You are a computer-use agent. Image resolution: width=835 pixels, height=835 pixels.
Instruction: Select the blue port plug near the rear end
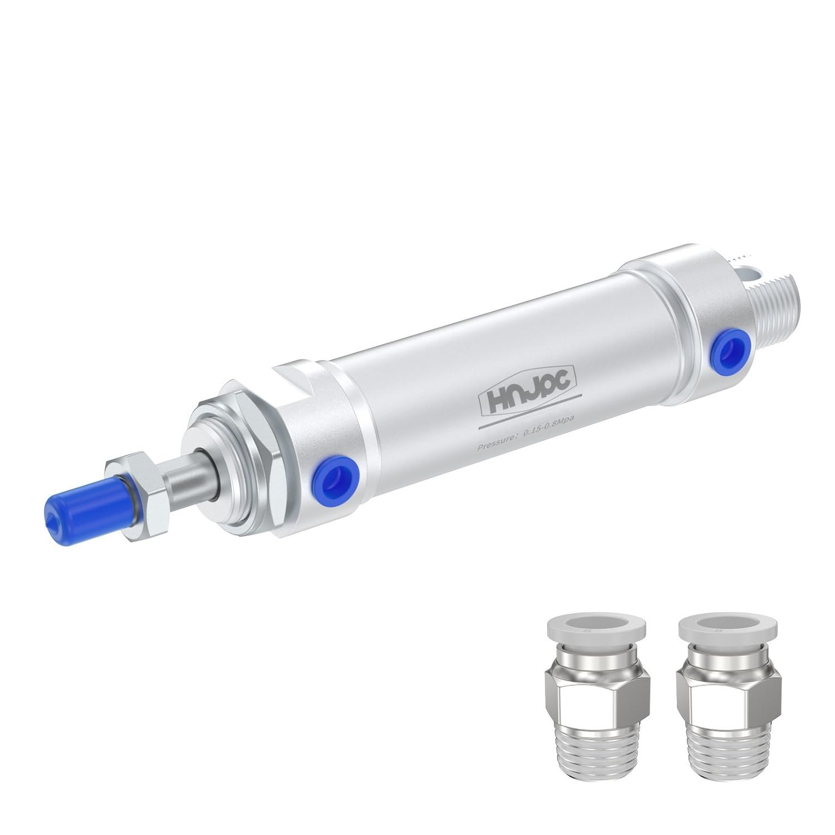pyautogui.click(x=724, y=353)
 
